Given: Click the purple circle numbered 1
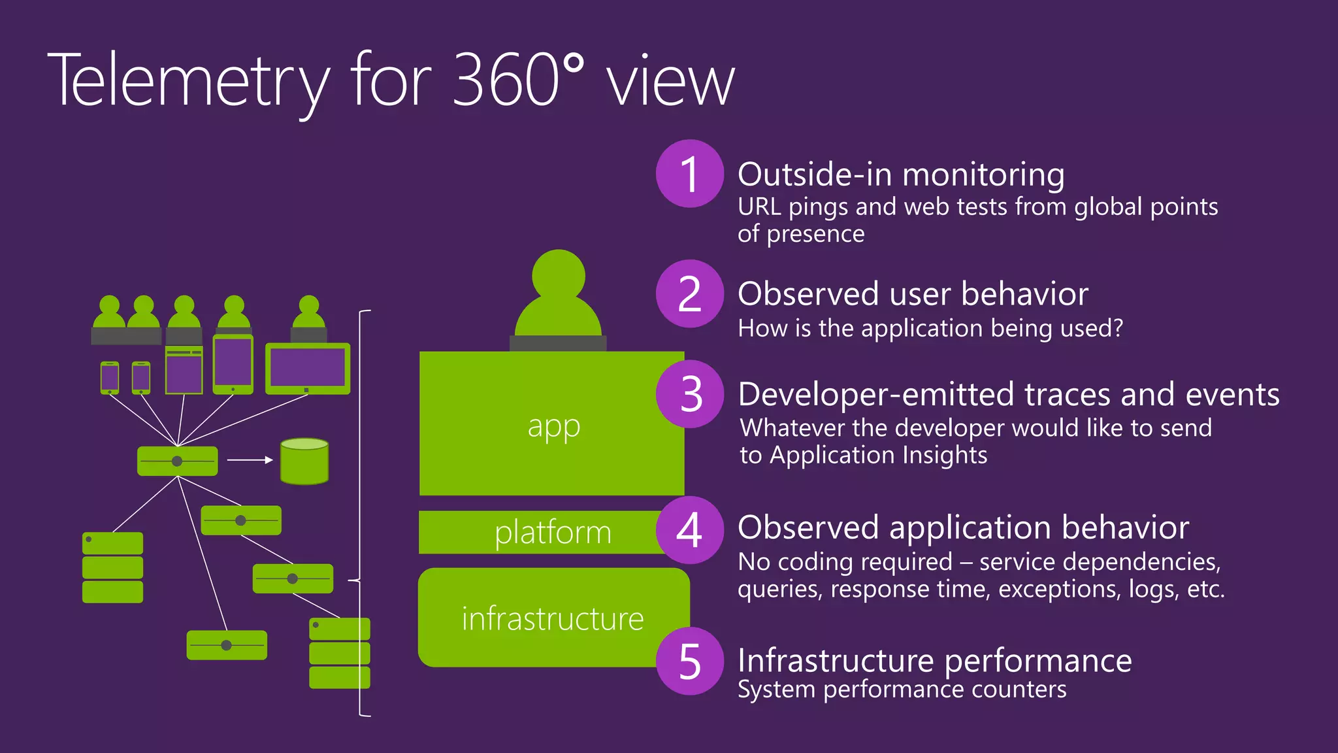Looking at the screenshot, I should pos(689,174).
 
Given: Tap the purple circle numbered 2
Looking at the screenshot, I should pos(689,294).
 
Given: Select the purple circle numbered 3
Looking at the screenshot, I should pos(689,394).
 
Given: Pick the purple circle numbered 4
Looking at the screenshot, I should pos(689,530).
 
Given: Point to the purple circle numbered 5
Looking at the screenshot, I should pos(689,661).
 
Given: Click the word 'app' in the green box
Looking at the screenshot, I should pos(553,427).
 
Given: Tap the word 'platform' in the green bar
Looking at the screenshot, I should pos(553,532).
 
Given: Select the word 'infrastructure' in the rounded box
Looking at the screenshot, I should pos(553,618).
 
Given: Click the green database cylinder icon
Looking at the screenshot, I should pos(304,461).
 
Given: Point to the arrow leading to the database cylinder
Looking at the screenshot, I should pos(250,460).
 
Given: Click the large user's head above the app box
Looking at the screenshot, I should pos(559,275).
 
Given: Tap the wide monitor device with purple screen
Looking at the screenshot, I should pos(308,368).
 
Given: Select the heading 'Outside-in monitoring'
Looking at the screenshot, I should pos(901,175).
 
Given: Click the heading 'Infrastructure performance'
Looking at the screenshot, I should pos(934,660).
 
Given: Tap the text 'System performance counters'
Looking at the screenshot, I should pos(902,690).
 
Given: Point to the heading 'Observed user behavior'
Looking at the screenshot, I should pos(913,294).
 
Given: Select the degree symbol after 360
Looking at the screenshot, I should pos(573,63).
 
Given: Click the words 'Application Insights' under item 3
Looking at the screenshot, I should pos(878,455).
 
